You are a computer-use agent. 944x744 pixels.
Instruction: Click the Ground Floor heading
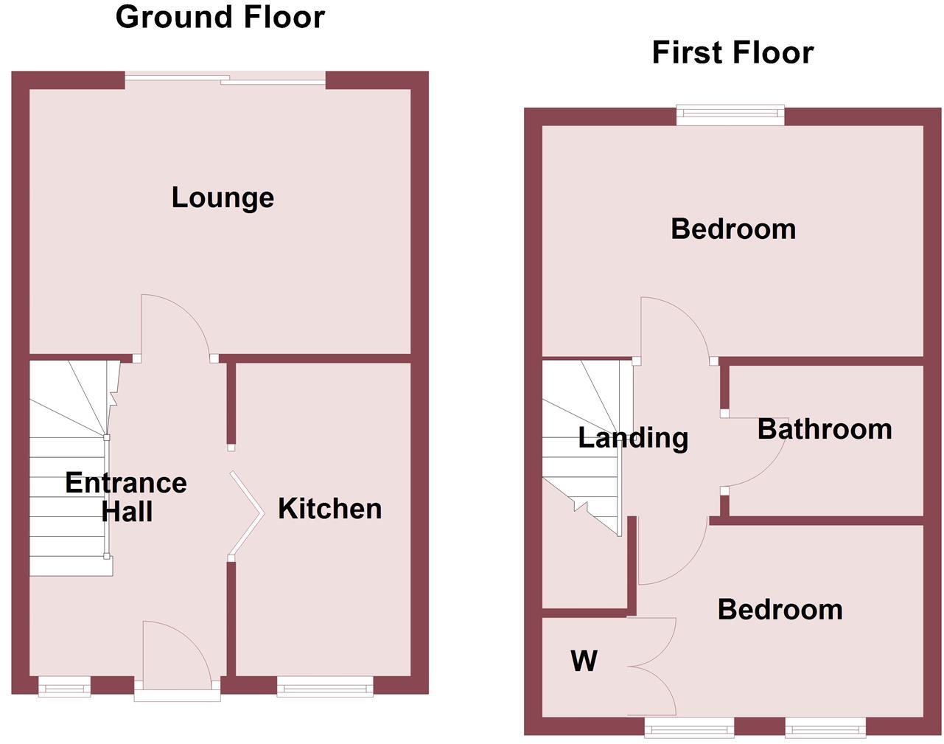(x=220, y=17)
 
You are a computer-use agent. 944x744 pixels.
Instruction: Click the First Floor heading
(x=733, y=52)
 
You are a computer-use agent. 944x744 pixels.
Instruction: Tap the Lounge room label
(x=223, y=198)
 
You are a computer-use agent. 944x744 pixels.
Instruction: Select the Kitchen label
(x=329, y=509)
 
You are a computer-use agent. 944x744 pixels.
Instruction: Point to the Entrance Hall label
(x=126, y=497)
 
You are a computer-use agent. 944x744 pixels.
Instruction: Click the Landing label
(x=633, y=438)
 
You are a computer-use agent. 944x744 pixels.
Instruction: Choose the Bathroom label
(x=825, y=429)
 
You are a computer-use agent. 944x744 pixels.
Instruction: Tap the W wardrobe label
(x=584, y=661)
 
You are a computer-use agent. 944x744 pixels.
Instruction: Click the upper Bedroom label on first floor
(x=733, y=229)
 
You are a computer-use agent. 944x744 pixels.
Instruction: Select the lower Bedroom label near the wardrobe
(x=780, y=610)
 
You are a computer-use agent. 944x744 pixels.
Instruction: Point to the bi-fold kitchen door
(x=247, y=513)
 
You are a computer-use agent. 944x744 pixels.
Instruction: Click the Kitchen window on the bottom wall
(x=325, y=688)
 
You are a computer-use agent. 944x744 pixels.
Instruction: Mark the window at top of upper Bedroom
(x=730, y=113)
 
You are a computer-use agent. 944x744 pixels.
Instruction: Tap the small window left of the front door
(x=64, y=688)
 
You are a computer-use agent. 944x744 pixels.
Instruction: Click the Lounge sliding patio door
(x=225, y=79)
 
